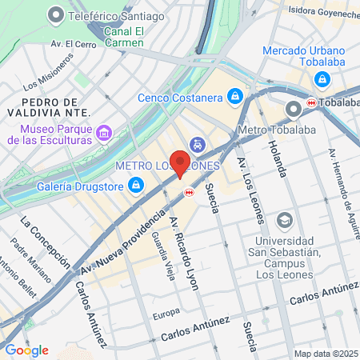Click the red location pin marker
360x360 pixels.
180,163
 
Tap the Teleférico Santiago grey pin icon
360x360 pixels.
55,14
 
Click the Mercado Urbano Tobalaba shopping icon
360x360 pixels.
322,79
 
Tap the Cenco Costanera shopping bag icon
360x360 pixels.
234,97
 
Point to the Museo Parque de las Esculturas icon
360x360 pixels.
102,132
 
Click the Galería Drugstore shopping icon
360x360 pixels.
136,186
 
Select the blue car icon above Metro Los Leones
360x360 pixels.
197,145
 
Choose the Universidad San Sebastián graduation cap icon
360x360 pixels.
284,219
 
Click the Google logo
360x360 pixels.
26,350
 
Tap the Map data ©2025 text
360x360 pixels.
326,353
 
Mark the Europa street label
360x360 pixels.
166,312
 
